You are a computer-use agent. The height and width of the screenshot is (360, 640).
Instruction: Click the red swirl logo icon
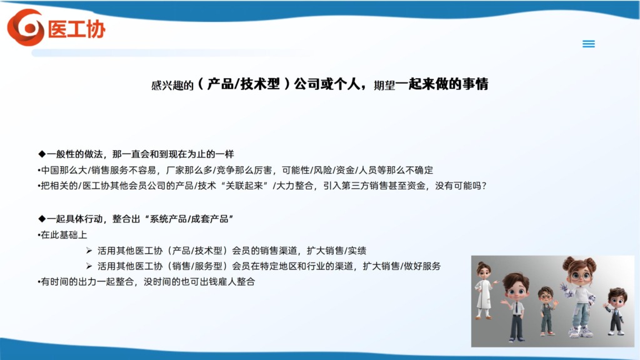(26, 27)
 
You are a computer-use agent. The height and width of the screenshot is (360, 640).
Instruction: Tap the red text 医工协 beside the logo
(77, 29)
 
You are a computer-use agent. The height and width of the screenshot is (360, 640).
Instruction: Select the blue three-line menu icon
(588, 44)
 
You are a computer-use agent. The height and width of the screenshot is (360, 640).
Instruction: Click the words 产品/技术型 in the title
(244, 84)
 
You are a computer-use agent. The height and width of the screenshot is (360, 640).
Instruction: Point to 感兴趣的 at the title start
(172, 85)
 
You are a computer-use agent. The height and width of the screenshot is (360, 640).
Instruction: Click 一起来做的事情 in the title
(442, 84)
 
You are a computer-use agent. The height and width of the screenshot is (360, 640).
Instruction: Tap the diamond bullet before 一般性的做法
(42, 154)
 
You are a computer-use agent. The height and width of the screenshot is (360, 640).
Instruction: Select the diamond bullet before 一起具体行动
(42, 219)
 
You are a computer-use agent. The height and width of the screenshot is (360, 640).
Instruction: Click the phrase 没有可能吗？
(461, 186)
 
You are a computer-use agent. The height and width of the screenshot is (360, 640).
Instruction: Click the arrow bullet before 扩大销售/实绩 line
(89, 250)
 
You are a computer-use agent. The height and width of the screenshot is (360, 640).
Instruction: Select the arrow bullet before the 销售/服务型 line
(89, 266)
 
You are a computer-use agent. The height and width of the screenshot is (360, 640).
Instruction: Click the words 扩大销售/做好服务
(402, 266)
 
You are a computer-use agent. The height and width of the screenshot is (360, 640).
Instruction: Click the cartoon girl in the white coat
(484, 290)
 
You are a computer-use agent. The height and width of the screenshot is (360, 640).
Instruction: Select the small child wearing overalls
(546, 311)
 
